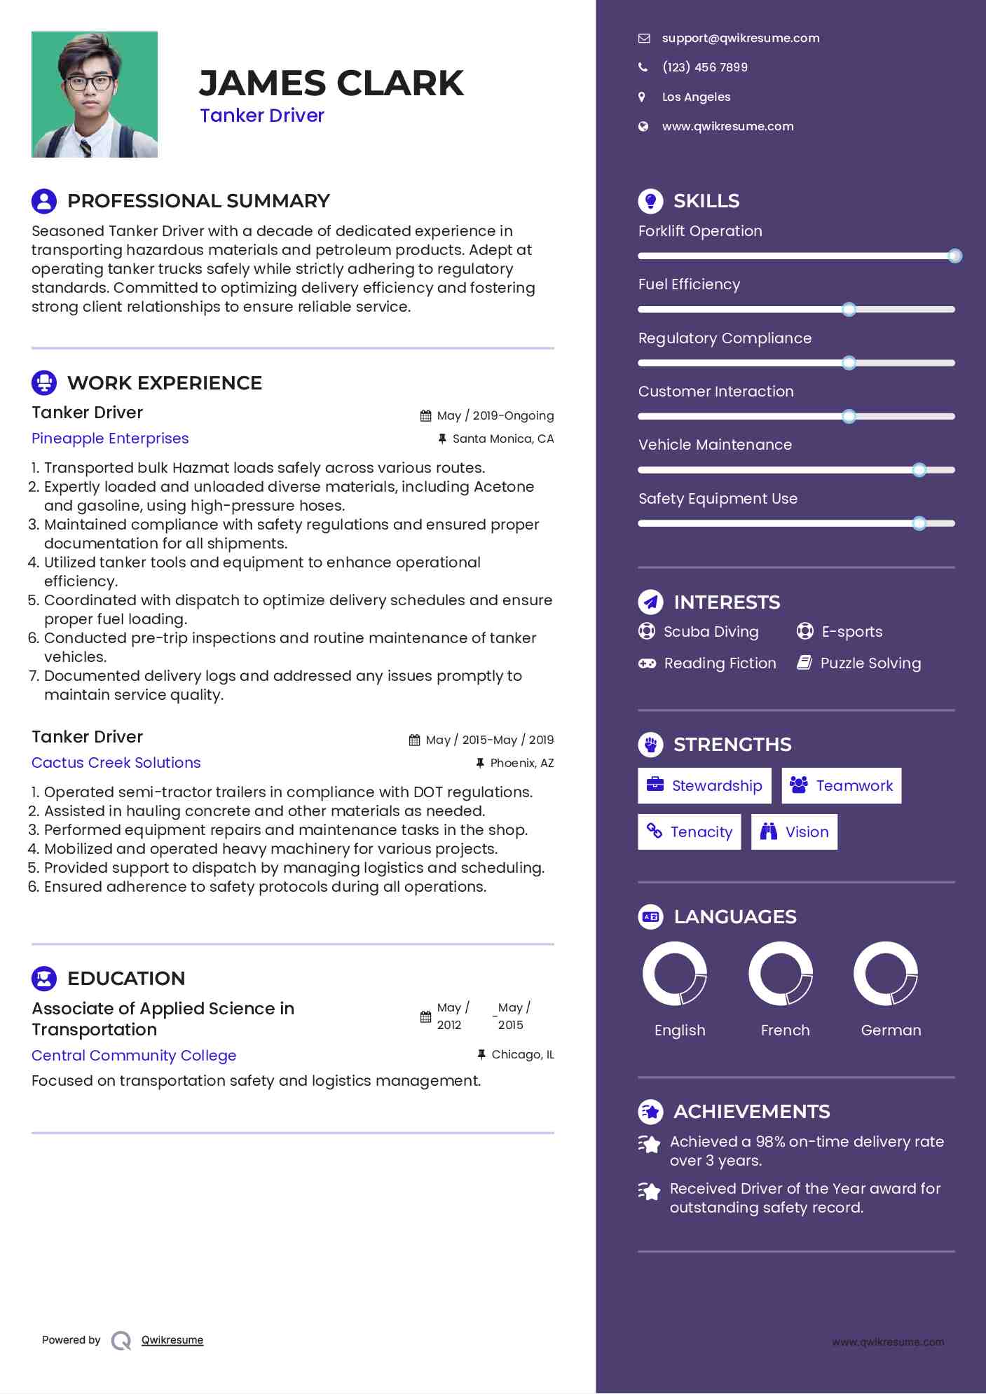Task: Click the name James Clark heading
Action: [x=331, y=83]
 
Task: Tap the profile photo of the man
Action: [x=95, y=95]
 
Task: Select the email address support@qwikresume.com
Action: [x=740, y=39]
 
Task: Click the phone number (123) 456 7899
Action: [x=704, y=68]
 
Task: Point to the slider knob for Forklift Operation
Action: [x=954, y=256]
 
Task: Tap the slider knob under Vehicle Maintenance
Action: [x=919, y=470]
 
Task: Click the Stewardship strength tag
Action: [x=704, y=786]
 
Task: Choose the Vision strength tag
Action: [x=794, y=832]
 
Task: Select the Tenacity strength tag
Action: [x=689, y=832]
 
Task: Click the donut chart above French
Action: [x=781, y=974]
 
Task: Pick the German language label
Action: [x=891, y=1030]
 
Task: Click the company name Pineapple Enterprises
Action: [x=110, y=439]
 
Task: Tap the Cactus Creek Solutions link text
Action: [x=116, y=763]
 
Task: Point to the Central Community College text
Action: [x=134, y=1056]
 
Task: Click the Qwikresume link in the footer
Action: [x=172, y=1340]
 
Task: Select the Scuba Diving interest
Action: [x=711, y=632]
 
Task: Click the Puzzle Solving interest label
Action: [x=870, y=663]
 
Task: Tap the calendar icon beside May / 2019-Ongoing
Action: [x=425, y=416]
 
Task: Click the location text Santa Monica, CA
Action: [x=502, y=439]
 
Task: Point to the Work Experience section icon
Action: [x=44, y=383]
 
